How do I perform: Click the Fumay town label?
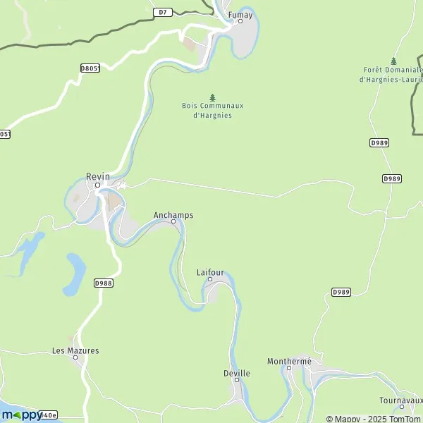[240, 13]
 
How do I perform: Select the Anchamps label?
[173, 214]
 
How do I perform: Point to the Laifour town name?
[209, 271]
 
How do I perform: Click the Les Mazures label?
[75, 350]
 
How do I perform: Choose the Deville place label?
[236, 373]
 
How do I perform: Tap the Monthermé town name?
[289, 361]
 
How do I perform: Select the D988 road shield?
[103, 283]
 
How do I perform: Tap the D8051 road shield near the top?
[90, 68]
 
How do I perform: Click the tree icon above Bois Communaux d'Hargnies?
[212, 97]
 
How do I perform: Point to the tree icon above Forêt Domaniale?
[393, 61]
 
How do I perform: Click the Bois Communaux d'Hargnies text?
[212, 110]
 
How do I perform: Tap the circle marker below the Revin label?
[98, 185]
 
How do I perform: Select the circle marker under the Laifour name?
[209, 280]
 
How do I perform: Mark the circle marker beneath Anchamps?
[173, 222]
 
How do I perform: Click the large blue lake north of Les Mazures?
[74, 274]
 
